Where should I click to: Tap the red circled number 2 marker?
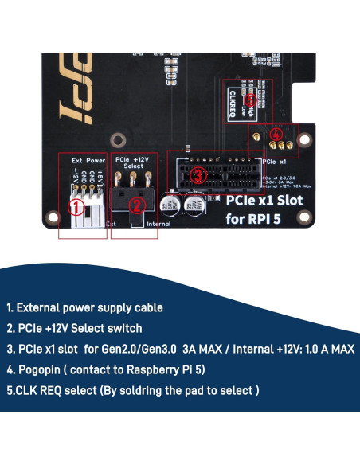tap(136, 205)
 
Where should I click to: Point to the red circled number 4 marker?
tap(276, 135)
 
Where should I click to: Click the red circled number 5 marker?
tap(251, 101)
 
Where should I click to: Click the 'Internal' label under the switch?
tap(159, 225)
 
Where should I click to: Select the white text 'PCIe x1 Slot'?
tap(264, 201)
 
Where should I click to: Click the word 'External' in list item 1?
tap(42, 307)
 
